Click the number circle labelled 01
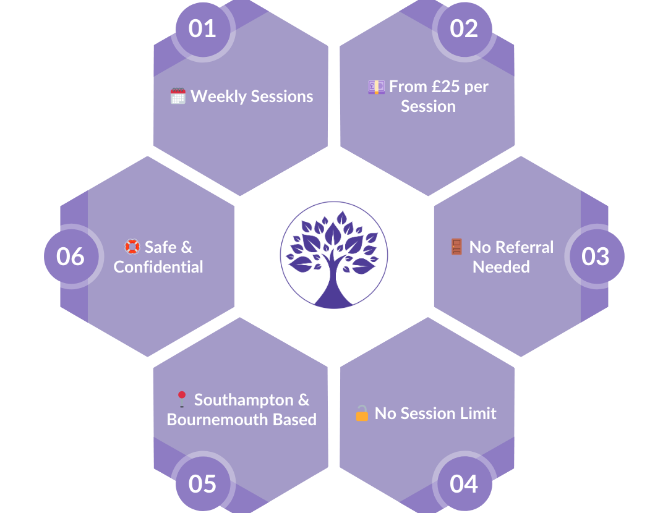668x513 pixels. (202, 29)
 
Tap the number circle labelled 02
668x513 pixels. (464, 29)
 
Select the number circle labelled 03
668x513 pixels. (595, 256)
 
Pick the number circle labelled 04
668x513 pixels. (464, 484)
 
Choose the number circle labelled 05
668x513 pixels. (202, 484)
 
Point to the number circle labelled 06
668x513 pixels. (71, 256)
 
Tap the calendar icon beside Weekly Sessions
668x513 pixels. (178, 96)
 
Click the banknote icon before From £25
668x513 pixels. (376, 87)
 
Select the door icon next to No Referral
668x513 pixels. (456, 247)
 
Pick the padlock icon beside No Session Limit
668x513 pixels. (362, 413)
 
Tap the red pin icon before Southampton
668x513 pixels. (181, 400)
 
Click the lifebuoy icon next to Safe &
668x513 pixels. (132, 247)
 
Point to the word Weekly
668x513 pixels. (215, 96)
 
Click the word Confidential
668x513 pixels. (158, 267)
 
